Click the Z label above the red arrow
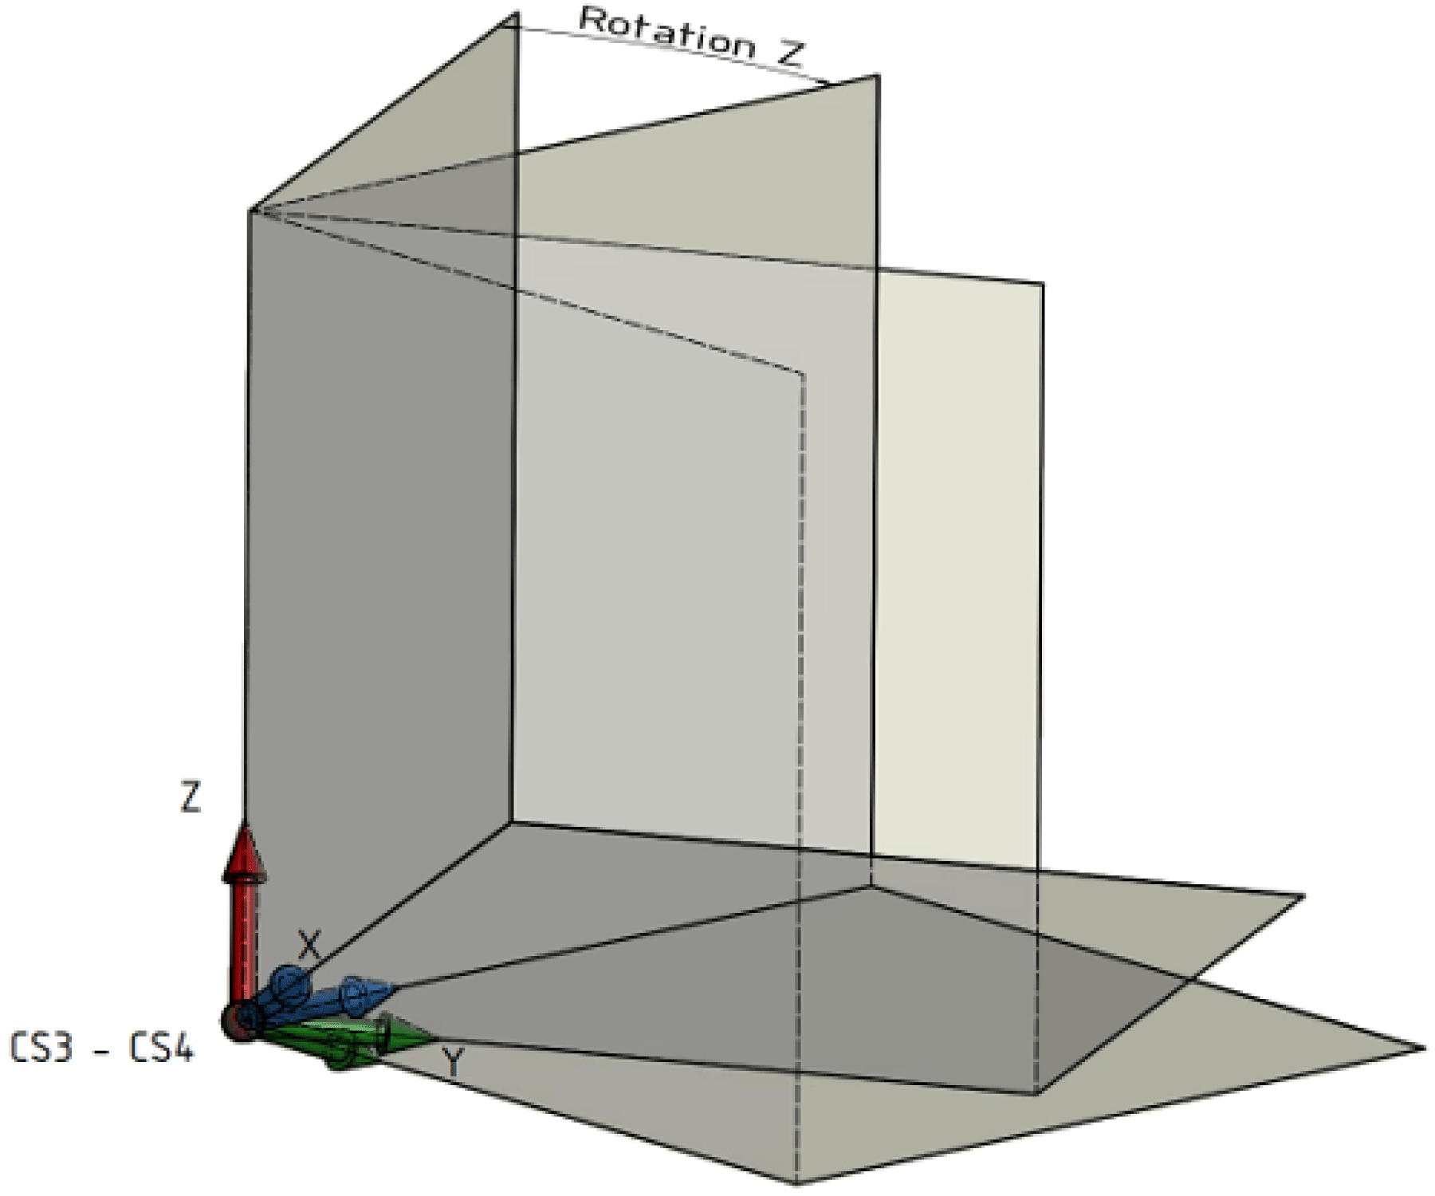coord(190,797)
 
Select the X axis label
coord(309,946)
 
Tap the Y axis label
coord(453,1062)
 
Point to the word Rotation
coord(666,33)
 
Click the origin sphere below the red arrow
coord(236,1022)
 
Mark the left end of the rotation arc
coord(510,26)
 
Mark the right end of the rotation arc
coord(829,83)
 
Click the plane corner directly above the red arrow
coord(251,211)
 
